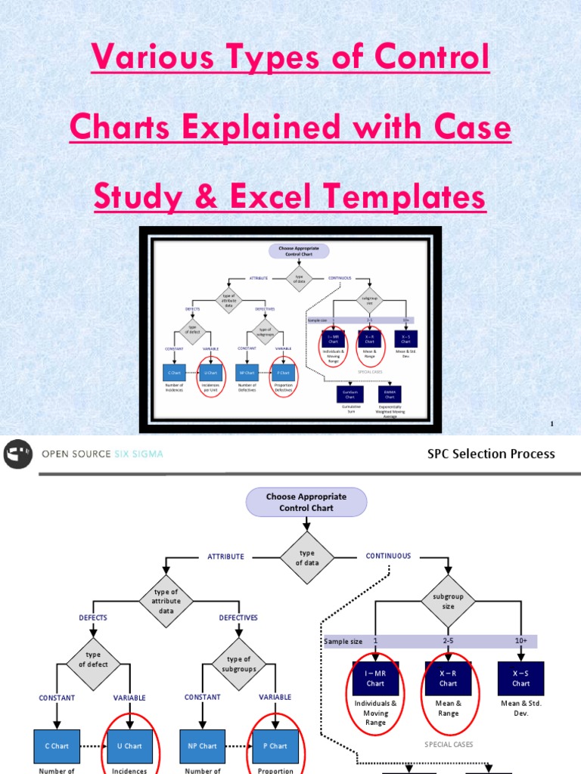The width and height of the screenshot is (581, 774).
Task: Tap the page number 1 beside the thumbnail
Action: click(552, 424)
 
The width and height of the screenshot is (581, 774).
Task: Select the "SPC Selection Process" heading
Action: click(491, 454)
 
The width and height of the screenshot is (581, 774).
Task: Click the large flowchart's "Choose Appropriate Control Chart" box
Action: click(306, 503)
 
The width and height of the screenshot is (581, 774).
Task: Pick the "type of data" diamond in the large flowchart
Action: click(306, 558)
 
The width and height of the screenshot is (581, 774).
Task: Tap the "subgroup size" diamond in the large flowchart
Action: click(449, 601)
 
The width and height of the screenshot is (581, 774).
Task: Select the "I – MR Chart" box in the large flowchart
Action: click(375, 678)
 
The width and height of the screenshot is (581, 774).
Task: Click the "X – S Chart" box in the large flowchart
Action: click(520, 678)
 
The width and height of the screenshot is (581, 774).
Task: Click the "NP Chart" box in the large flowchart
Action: click(202, 745)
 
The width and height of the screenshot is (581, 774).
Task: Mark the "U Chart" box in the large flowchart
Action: click(129, 745)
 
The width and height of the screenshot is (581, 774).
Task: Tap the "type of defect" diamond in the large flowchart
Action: click(93, 659)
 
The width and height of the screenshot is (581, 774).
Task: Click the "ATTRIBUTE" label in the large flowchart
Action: click(226, 556)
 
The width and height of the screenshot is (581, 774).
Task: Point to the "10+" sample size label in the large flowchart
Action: click(521, 641)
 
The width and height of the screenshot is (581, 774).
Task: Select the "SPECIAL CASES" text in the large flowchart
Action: click(448, 744)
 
